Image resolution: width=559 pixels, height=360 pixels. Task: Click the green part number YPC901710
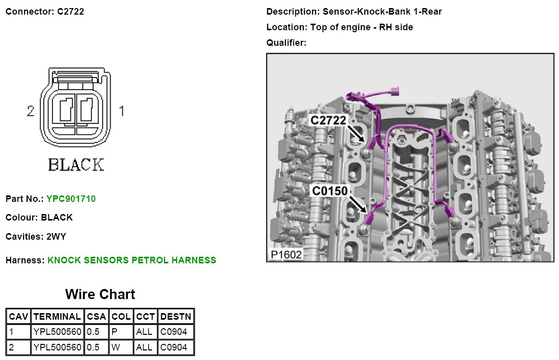pyautogui.click(x=71, y=199)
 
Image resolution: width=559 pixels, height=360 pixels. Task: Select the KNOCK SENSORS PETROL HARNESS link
pyautogui.click(x=132, y=260)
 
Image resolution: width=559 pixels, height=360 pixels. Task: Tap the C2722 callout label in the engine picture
pyautogui.click(x=328, y=120)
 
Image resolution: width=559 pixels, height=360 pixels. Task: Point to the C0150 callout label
pyautogui.click(x=329, y=191)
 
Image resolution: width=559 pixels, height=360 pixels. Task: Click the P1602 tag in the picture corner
pyautogui.click(x=286, y=255)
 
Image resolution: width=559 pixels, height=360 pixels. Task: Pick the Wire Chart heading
pyautogui.click(x=100, y=295)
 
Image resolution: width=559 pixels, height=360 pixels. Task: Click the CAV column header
pyautogui.click(x=19, y=317)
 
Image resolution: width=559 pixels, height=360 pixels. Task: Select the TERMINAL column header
pyautogui.click(x=57, y=317)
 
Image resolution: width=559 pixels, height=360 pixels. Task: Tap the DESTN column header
pyautogui.click(x=176, y=317)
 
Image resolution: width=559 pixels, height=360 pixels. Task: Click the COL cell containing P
pyautogui.click(x=114, y=332)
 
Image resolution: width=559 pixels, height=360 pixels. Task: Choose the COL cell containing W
pyautogui.click(x=115, y=347)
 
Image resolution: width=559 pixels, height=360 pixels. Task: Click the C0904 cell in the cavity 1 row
pyautogui.click(x=174, y=332)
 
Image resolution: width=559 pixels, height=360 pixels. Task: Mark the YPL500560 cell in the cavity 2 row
pyautogui.click(x=57, y=347)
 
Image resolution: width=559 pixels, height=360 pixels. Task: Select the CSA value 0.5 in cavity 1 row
pyautogui.click(x=94, y=332)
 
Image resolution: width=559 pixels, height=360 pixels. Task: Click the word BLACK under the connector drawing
pyautogui.click(x=76, y=165)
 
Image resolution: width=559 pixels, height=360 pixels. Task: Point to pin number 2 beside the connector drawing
pyautogui.click(x=31, y=111)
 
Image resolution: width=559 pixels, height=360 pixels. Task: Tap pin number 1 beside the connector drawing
pyautogui.click(x=121, y=111)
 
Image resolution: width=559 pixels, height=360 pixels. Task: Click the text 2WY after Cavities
pyautogui.click(x=56, y=236)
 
